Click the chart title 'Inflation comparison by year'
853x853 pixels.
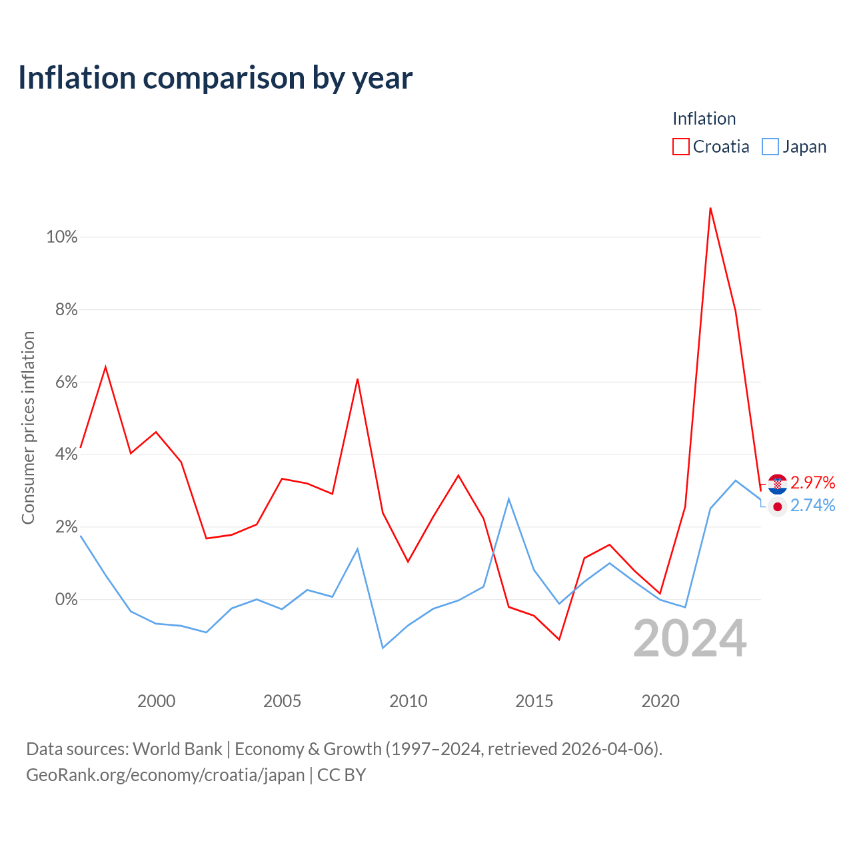pyautogui.click(x=215, y=78)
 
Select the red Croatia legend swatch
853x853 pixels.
pyautogui.click(x=680, y=147)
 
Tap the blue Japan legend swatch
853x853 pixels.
pyautogui.click(x=770, y=147)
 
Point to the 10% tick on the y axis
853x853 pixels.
pyautogui.click(x=62, y=237)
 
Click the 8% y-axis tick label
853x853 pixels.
pyautogui.click(x=67, y=309)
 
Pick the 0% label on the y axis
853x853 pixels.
pyautogui.click(x=67, y=599)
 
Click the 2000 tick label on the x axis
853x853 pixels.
pyautogui.click(x=156, y=701)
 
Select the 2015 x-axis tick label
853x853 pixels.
pyautogui.click(x=534, y=701)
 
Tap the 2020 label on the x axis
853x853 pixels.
pyautogui.click(x=660, y=701)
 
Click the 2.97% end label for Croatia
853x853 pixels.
pyautogui.click(x=813, y=482)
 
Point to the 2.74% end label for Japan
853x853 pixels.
pyautogui.click(x=813, y=505)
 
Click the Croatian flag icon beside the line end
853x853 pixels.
pyautogui.click(x=777, y=484)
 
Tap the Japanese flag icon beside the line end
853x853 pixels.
pyautogui.click(x=777, y=507)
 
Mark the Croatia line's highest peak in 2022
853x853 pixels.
pyautogui.click(x=710, y=208)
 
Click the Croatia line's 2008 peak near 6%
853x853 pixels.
pyautogui.click(x=357, y=379)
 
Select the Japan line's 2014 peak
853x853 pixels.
pyautogui.click(x=509, y=499)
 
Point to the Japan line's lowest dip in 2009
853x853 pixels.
pyautogui.click(x=383, y=648)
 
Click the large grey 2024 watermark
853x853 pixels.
pyautogui.click(x=690, y=639)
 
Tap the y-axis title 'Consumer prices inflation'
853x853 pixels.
pyautogui.click(x=28, y=428)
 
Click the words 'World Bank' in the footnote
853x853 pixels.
pyautogui.click(x=177, y=749)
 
